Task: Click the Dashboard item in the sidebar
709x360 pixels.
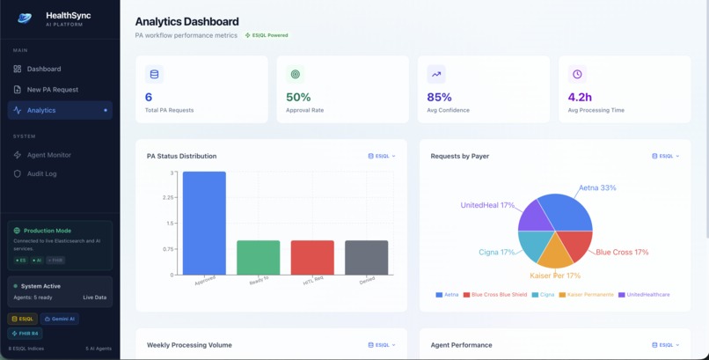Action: (44, 69)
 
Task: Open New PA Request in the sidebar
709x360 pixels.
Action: (52, 90)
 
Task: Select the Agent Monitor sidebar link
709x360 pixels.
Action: (48, 155)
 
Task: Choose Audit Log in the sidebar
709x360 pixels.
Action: (41, 174)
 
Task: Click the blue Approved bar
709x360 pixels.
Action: (204, 224)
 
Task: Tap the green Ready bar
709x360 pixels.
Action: (258, 257)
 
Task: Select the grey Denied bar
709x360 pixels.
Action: (366, 257)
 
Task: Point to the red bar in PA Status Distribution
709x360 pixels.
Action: (312, 257)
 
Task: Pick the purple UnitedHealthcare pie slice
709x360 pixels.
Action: (535, 217)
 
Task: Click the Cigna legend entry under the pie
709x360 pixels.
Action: (542, 295)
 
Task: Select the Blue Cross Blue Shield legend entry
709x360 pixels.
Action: (498, 295)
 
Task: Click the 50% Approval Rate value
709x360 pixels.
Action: (298, 98)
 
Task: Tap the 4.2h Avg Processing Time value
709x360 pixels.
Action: (580, 98)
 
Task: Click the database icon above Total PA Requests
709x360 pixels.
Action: (155, 75)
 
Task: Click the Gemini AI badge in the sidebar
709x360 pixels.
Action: (59, 319)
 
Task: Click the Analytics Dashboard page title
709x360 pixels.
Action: (186, 21)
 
